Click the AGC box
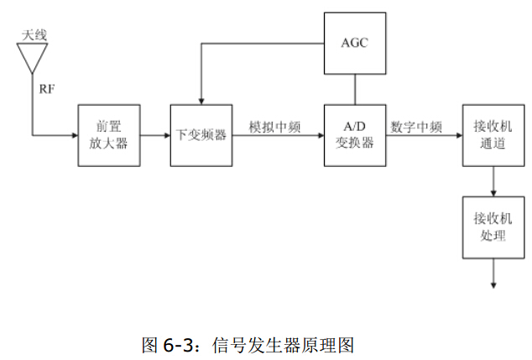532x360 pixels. pos(355,43)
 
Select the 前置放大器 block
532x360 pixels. pos(108,135)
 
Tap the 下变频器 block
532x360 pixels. pos(201,135)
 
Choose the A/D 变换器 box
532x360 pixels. pos(355,135)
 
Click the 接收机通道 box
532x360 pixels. pos(493,135)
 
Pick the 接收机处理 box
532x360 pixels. pos(493,227)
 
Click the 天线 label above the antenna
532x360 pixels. pos(34,34)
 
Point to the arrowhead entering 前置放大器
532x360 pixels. pos(74,135)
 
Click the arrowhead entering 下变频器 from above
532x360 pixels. pos(201,101)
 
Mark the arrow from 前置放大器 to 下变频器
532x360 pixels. pos(154,135)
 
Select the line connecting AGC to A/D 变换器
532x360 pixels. pos(355,89)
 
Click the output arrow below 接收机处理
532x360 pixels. pos(493,274)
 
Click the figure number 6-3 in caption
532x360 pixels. pos(180,344)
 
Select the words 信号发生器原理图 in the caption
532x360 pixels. pos(285,344)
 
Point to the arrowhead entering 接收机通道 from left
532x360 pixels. pos(458,135)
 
